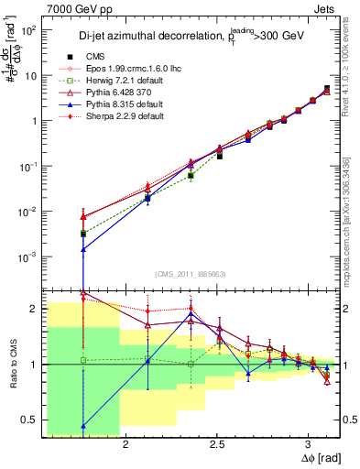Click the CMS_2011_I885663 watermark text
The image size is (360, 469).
click(x=191, y=274)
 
